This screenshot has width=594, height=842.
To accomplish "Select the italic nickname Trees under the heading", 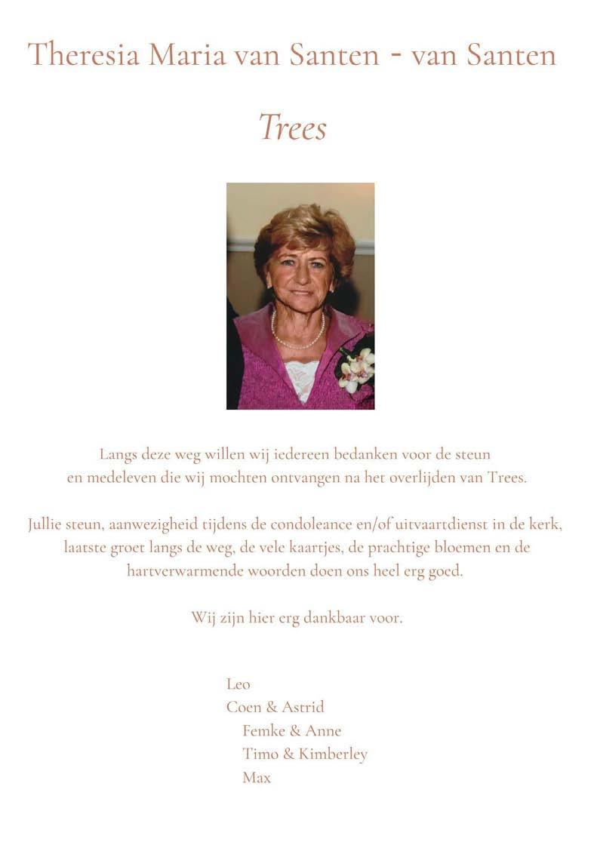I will [x=293, y=127].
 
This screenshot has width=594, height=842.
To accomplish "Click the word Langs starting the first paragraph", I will [x=118, y=454].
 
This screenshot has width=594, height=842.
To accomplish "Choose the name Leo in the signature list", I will [x=238, y=684].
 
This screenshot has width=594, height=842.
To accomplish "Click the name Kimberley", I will [x=333, y=754].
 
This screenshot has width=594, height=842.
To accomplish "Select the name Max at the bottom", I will [x=257, y=777].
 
